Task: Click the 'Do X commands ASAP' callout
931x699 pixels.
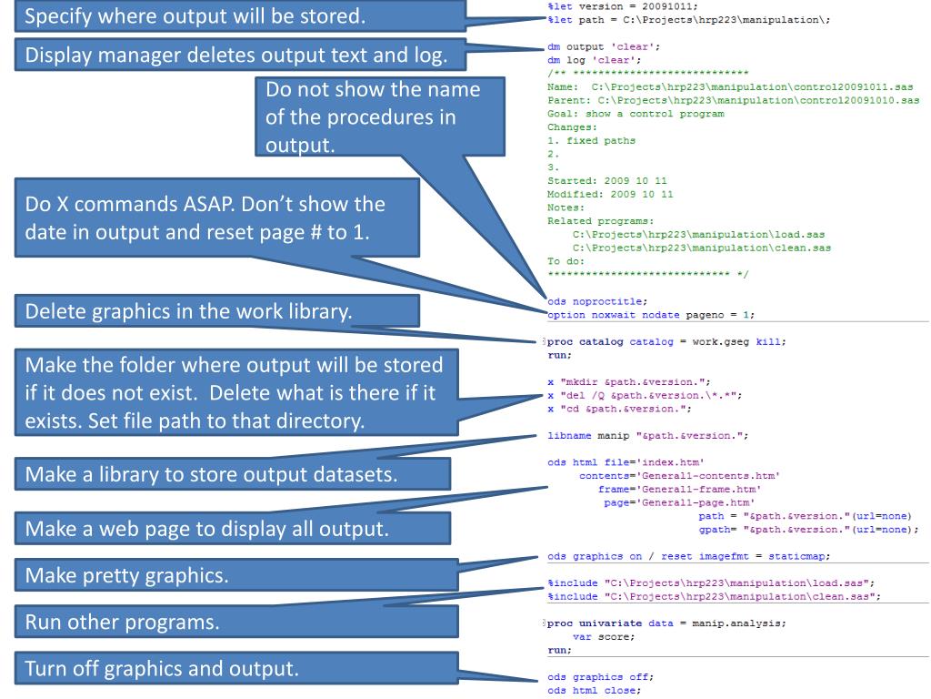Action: pos(205,219)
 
